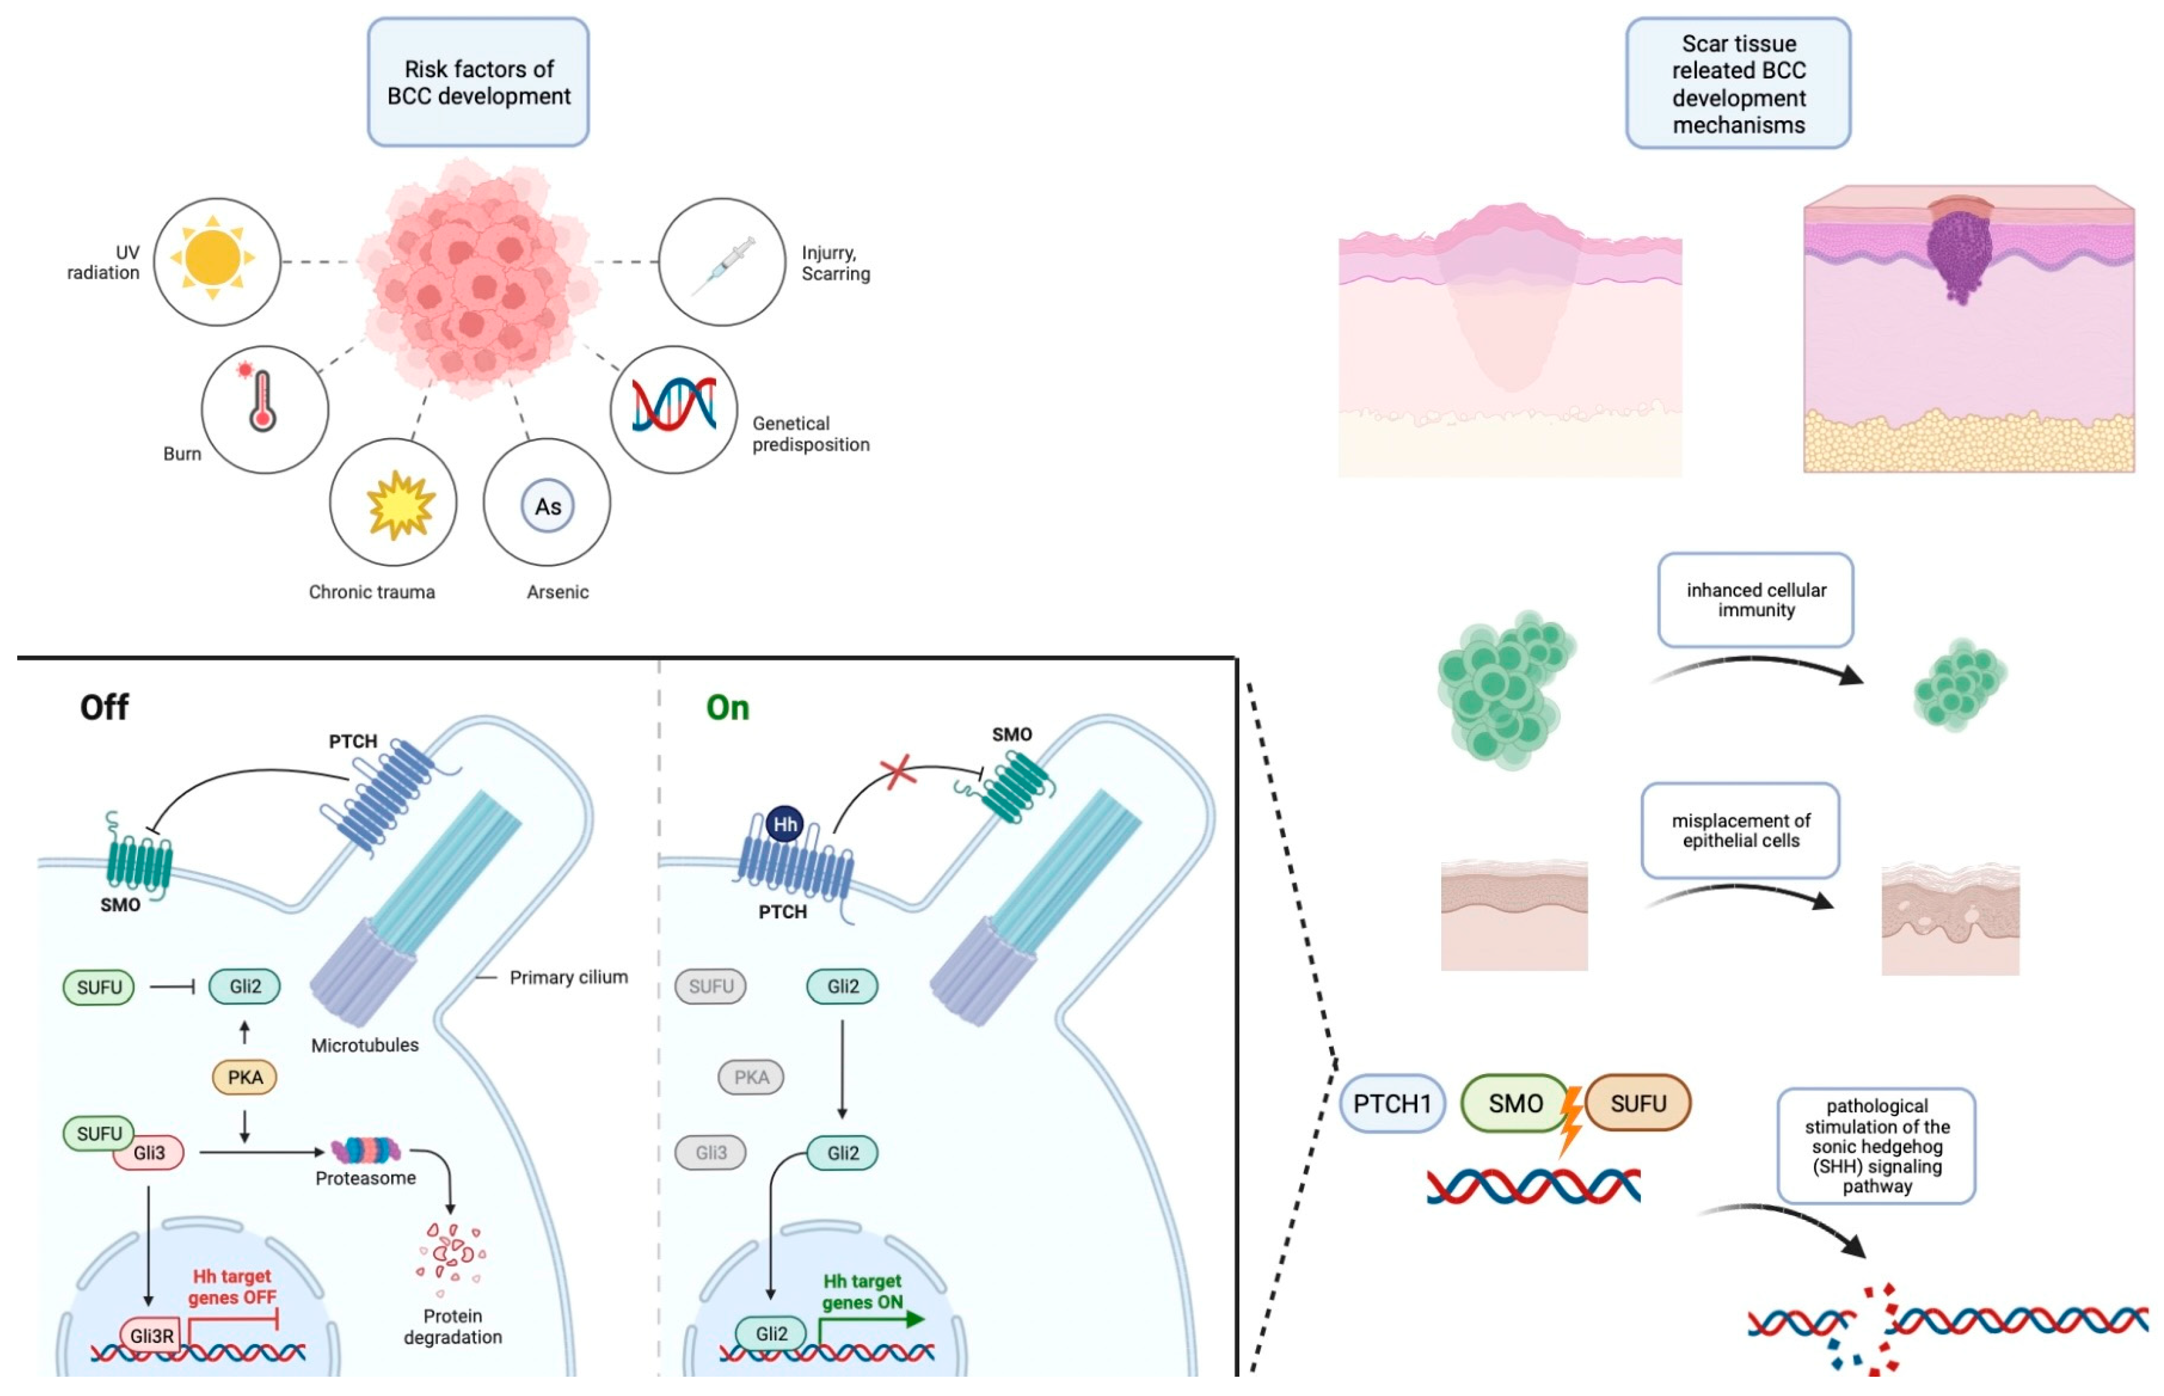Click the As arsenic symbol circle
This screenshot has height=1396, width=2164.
547,506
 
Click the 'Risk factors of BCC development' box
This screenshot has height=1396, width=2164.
479,82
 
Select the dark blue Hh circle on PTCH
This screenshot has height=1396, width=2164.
785,824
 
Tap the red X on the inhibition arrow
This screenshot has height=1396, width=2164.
897,772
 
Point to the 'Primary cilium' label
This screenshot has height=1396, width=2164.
568,977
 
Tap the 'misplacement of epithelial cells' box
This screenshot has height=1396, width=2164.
1740,830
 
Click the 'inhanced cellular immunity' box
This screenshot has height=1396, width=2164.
1755,600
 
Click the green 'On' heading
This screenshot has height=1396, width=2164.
728,708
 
